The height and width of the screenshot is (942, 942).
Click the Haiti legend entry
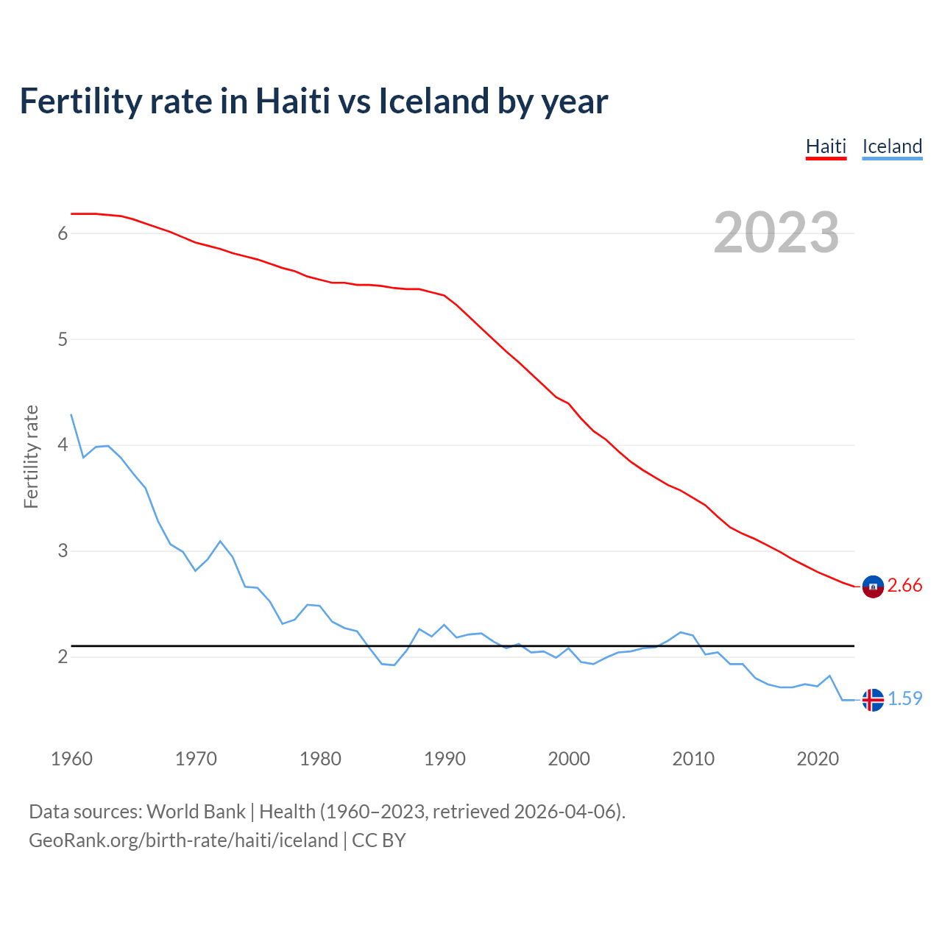[x=826, y=146]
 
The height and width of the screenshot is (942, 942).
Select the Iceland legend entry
[x=892, y=146]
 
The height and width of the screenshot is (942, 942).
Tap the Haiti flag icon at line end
[x=873, y=586]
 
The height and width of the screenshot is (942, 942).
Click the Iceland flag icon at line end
[x=873, y=699]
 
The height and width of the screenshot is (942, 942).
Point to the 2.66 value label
[x=904, y=586]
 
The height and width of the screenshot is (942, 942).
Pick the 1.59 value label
[x=904, y=699]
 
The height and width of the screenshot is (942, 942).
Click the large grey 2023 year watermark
[x=776, y=233]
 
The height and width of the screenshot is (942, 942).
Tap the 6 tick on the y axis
[x=63, y=233]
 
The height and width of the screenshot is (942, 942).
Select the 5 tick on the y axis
[x=63, y=339]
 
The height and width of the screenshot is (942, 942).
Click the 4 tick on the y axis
[x=63, y=445]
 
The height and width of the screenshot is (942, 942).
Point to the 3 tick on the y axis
[x=63, y=551]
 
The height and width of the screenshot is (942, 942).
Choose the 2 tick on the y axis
[x=63, y=656]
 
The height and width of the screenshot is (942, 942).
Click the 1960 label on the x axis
[x=71, y=759]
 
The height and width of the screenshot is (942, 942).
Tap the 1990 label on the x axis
[x=445, y=759]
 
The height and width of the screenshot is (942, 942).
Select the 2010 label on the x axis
[x=693, y=759]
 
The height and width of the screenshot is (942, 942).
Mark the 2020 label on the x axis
[x=818, y=759]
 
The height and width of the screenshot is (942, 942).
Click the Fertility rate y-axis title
[x=31, y=456]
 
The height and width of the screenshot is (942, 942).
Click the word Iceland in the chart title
[x=433, y=102]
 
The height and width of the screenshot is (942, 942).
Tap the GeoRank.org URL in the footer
[x=183, y=840]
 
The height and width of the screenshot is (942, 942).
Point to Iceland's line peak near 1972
[x=220, y=541]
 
